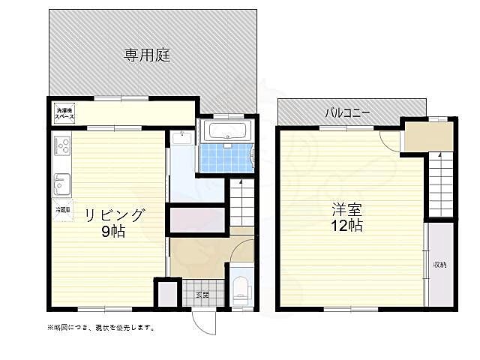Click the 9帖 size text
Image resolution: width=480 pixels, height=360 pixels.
(x=114, y=232)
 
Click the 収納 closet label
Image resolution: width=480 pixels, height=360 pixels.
(x=439, y=264)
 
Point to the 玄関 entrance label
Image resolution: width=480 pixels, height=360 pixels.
(x=202, y=294)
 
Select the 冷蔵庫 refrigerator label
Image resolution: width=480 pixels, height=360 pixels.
(x=61, y=211)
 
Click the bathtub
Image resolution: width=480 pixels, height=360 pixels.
(x=229, y=133)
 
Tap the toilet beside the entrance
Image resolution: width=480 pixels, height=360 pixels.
(x=239, y=289)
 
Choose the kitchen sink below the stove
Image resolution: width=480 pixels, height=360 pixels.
(x=61, y=182)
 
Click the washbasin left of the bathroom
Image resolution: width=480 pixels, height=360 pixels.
(x=181, y=138)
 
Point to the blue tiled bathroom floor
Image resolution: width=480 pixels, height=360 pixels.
(x=223, y=157)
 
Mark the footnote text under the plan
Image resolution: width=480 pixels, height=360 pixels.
(x=101, y=328)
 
